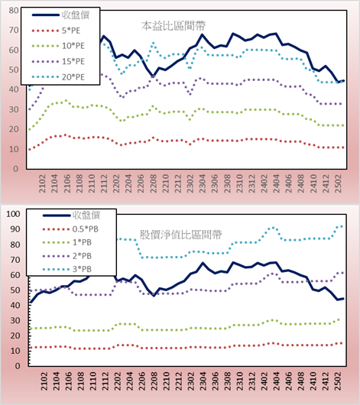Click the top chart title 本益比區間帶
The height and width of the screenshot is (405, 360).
[174, 26]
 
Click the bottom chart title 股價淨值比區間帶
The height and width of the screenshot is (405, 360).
[180, 235]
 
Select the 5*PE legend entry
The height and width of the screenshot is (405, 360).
[56, 31]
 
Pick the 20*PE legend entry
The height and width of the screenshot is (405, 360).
[58, 77]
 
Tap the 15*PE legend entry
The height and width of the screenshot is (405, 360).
[58, 61]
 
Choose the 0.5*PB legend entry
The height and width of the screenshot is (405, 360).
[70, 229]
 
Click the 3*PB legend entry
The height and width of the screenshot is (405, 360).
[67, 269]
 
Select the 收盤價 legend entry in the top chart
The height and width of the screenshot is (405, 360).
[60, 15]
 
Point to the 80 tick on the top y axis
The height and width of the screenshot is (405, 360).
[14, 11]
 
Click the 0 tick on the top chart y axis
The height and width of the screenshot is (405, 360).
[16, 169]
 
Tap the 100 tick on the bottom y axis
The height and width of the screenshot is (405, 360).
[13, 214]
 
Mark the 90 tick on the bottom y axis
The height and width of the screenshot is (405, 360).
[15, 229]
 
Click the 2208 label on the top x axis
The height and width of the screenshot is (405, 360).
[154, 183]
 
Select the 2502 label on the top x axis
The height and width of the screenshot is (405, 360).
[339, 183]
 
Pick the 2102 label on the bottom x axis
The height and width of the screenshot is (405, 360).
[44, 381]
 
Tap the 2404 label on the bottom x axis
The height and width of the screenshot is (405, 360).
[277, 381]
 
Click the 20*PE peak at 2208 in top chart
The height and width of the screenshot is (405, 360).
[154, 43]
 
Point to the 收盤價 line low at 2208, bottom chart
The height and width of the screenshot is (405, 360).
[154, 296]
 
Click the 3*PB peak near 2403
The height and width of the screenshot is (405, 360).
[273, 228]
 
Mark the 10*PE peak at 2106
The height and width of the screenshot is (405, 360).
[66, 100]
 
